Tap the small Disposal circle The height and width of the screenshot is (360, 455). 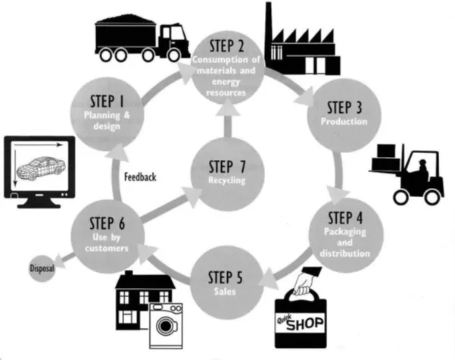tap(40, 268)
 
